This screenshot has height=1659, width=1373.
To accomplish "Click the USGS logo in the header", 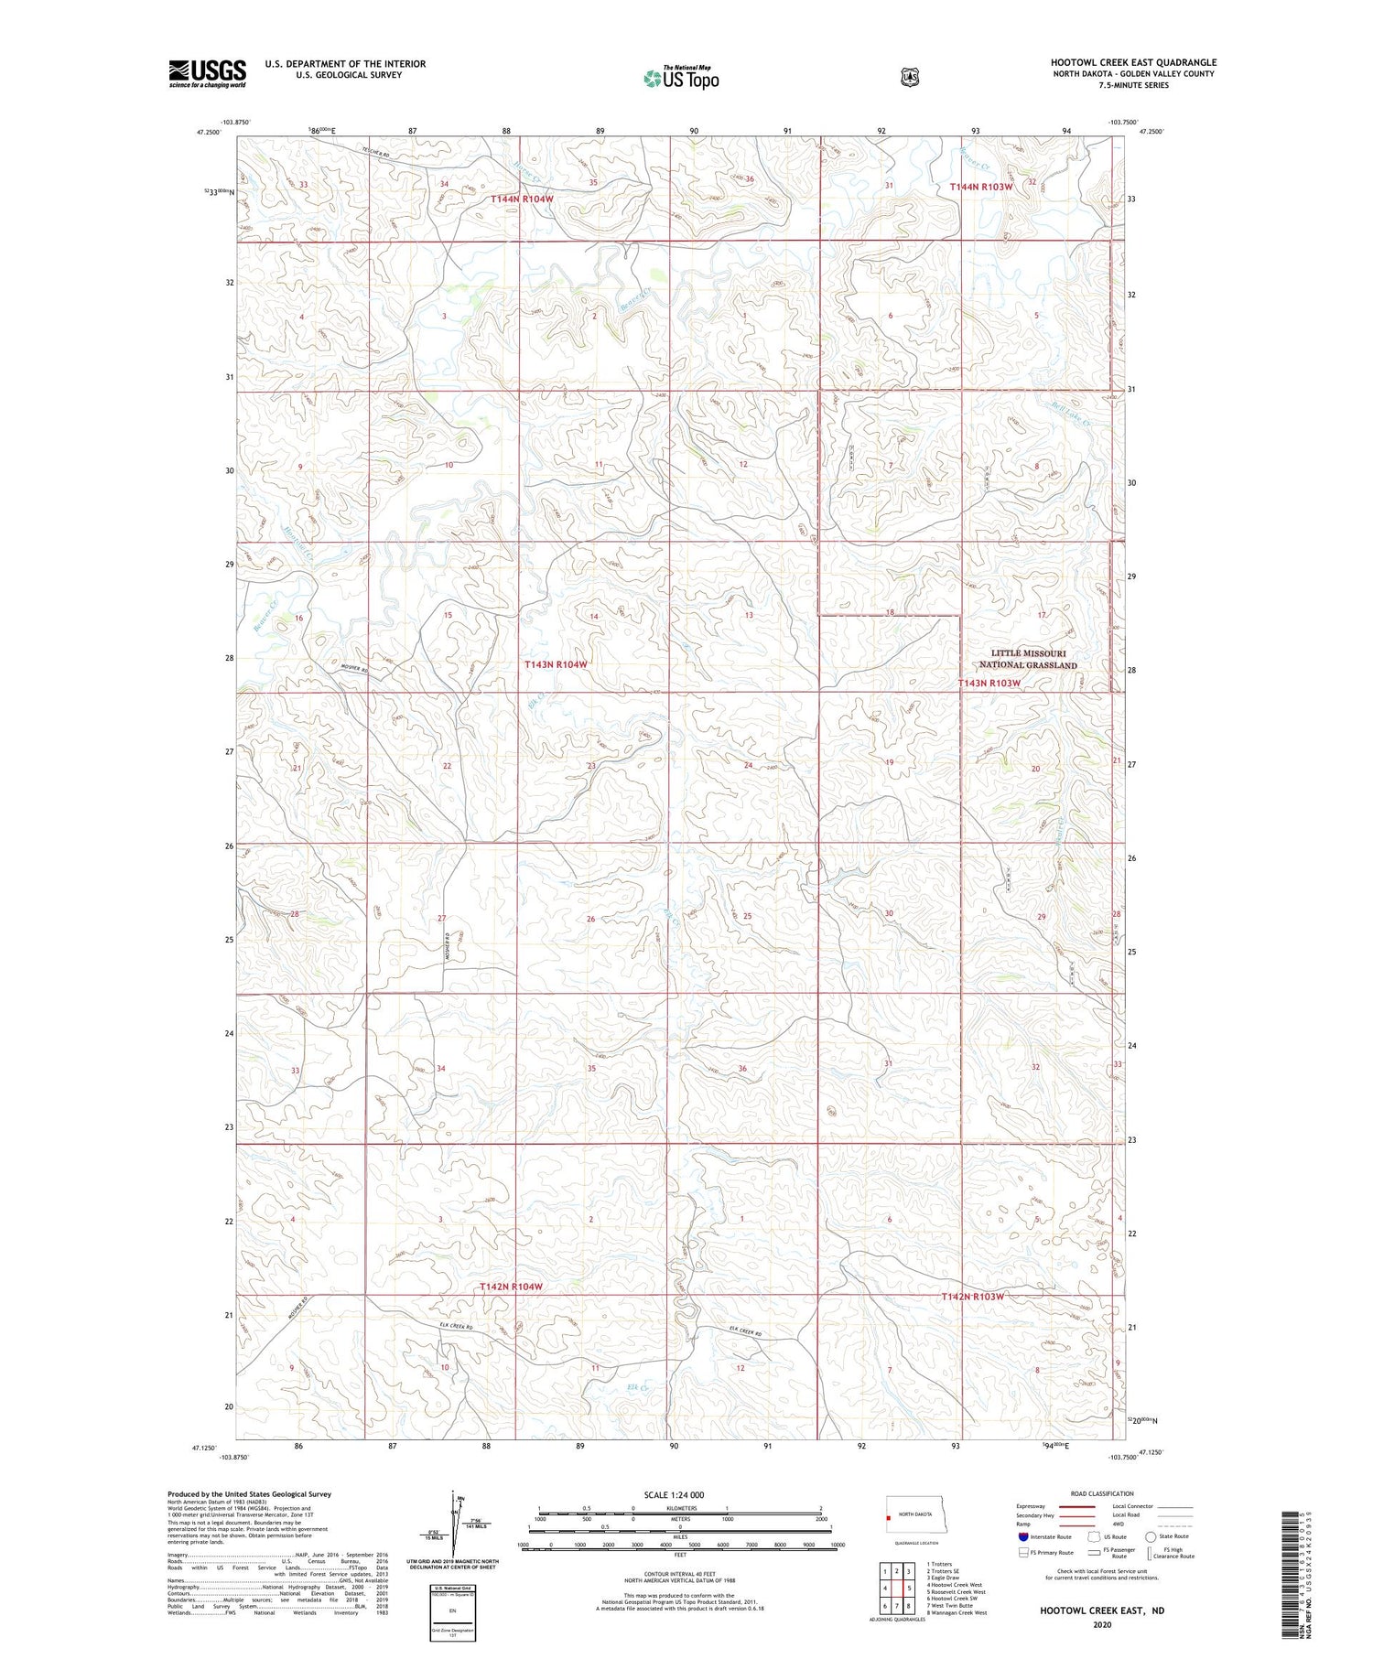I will click(207, 73).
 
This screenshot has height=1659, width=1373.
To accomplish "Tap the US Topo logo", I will click(681, 78).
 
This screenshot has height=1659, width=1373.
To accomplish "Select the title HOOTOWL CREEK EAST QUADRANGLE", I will click(1133, 62).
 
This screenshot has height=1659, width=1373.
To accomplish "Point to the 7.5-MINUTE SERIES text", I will click(1133, 85).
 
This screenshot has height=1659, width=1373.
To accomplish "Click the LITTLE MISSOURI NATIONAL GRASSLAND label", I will click(1027, 660).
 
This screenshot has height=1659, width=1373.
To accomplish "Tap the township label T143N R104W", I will click(556, 664).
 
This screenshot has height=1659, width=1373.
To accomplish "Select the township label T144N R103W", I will click(980, 187).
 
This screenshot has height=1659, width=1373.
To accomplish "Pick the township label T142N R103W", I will click(973, 1297).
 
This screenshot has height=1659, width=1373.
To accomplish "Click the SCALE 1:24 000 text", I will click(674, 1494).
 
